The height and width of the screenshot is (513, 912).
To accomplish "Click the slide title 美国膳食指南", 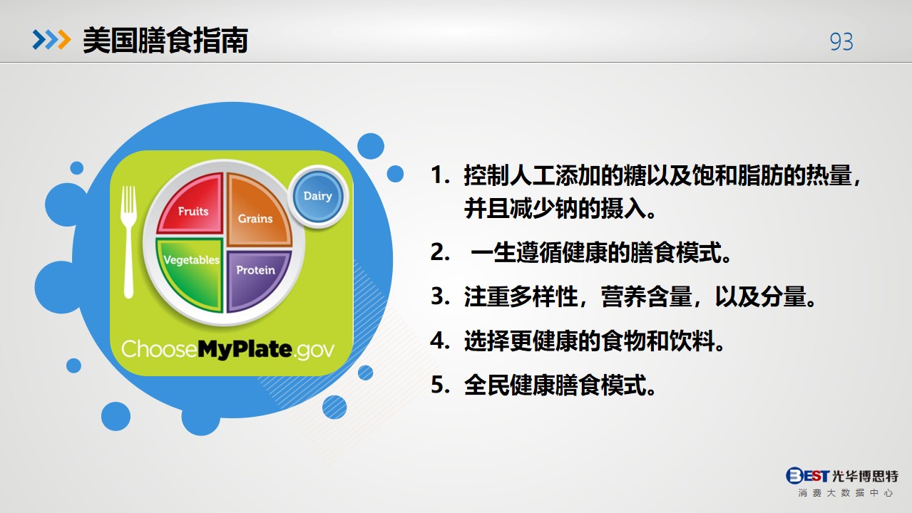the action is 165,41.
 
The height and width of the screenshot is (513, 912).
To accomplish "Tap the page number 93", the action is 841,41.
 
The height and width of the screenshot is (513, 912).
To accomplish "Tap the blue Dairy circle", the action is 318,197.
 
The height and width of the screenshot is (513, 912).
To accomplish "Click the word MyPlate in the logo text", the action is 245,349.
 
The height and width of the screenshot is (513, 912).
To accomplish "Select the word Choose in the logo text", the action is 159,349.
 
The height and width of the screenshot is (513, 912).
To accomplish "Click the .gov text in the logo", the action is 314,351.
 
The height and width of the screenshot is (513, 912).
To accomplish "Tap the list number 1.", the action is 440,175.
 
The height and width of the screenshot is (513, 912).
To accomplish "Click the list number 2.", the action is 440,252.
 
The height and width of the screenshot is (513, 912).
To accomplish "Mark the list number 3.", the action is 440,296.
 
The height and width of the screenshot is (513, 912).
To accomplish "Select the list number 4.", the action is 440,341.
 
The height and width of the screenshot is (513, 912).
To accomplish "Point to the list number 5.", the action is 440,385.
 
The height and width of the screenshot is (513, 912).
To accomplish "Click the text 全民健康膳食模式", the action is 560,385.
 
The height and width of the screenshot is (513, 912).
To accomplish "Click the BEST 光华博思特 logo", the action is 842,482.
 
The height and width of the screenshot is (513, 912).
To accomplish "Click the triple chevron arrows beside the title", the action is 51,40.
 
